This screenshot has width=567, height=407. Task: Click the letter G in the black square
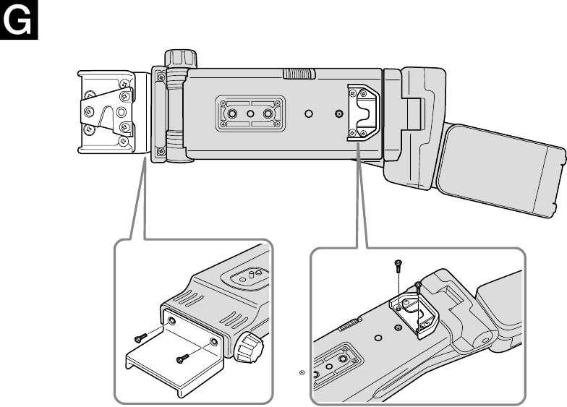[x=17, y=20]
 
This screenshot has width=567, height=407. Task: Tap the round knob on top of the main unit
[x=181, y=59]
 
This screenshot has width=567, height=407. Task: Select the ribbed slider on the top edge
[x=299, y=74]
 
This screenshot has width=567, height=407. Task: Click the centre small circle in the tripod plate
[x=250, y=114]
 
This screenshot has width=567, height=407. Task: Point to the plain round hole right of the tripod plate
[x=308, y=114]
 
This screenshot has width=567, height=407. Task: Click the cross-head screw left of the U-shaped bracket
[x=338, y=114]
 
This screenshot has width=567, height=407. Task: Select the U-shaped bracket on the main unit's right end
[x=363, y=113]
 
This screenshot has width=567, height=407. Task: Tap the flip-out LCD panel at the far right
[x=501, y=171]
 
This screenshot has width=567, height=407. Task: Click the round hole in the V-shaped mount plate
[x=121, y=113]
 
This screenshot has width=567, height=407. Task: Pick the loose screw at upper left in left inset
[x=140, y=338]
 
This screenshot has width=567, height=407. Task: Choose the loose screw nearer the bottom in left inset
[x=182, y=359]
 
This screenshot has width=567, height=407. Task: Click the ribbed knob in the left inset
[x=249, y=347]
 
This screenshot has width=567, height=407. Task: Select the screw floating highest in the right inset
[x=398, y=266]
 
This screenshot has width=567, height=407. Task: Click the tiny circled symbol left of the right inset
[x=302, y=372]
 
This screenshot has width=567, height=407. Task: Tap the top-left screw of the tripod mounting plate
[x=223, y=103]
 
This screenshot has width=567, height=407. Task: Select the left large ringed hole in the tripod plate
[x=231, y=114]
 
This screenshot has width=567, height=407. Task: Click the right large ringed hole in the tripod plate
[x=268, y=114]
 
